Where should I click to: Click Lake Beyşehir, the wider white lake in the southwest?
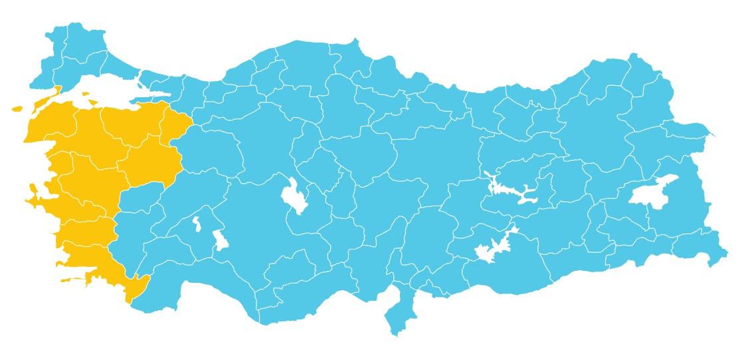tap(221, 240)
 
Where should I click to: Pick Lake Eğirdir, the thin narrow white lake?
tap(197, 224)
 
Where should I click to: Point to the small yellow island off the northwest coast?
tap(17, 108)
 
